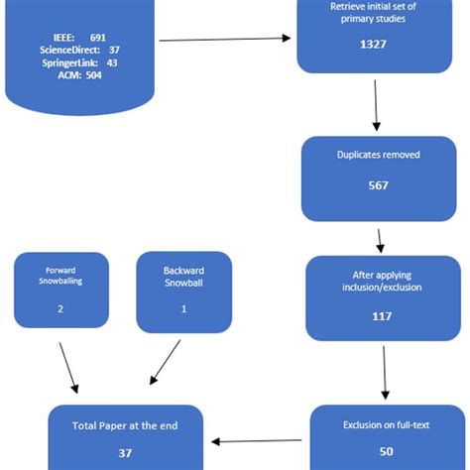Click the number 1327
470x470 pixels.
pos(374,45)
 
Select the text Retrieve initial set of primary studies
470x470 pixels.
pos(374,13)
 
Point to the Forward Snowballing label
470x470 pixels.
pos(60,275)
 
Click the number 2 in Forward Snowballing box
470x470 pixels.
pos(60,308)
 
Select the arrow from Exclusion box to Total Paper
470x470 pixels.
pos(257,440)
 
